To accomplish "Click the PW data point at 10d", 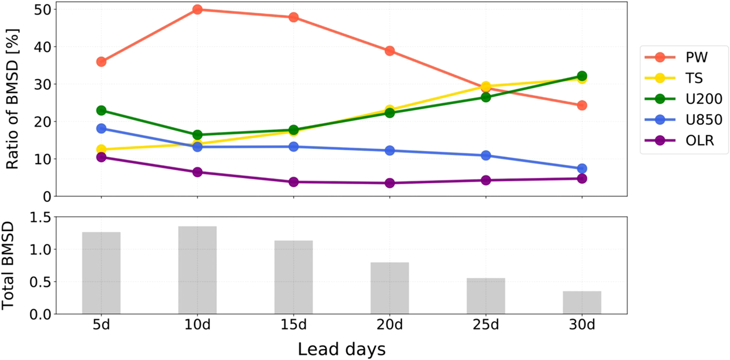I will pyautogui.click(x=197, y=9).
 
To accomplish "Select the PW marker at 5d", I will pyautogui.click(x=101, y=62).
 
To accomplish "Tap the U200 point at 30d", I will pyautogui.click(x=582, y=76).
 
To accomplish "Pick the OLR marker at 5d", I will pyautogui.click(x=101, y=157).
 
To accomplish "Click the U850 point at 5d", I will pyautogui.click(x=101, y=129).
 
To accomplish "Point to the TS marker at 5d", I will pyautogui.click(x=101, y=149).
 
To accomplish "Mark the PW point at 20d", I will pyautogui.click(x=389, y=51).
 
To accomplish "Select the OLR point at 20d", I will pyautogui.click(x=389, y=183).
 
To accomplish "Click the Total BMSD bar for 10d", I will pyautogui.click(x=197, y=270).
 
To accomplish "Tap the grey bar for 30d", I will pyautogui.click(x=582, y=302).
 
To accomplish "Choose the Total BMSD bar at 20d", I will pyautogui.click(x=389, y=288).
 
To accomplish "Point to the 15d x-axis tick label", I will pyautogui.click(x=294, y=325).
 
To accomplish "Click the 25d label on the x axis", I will pyautogui.click(x=486, y=325).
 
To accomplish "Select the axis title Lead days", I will pyautogui.click(x=341, y=349).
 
